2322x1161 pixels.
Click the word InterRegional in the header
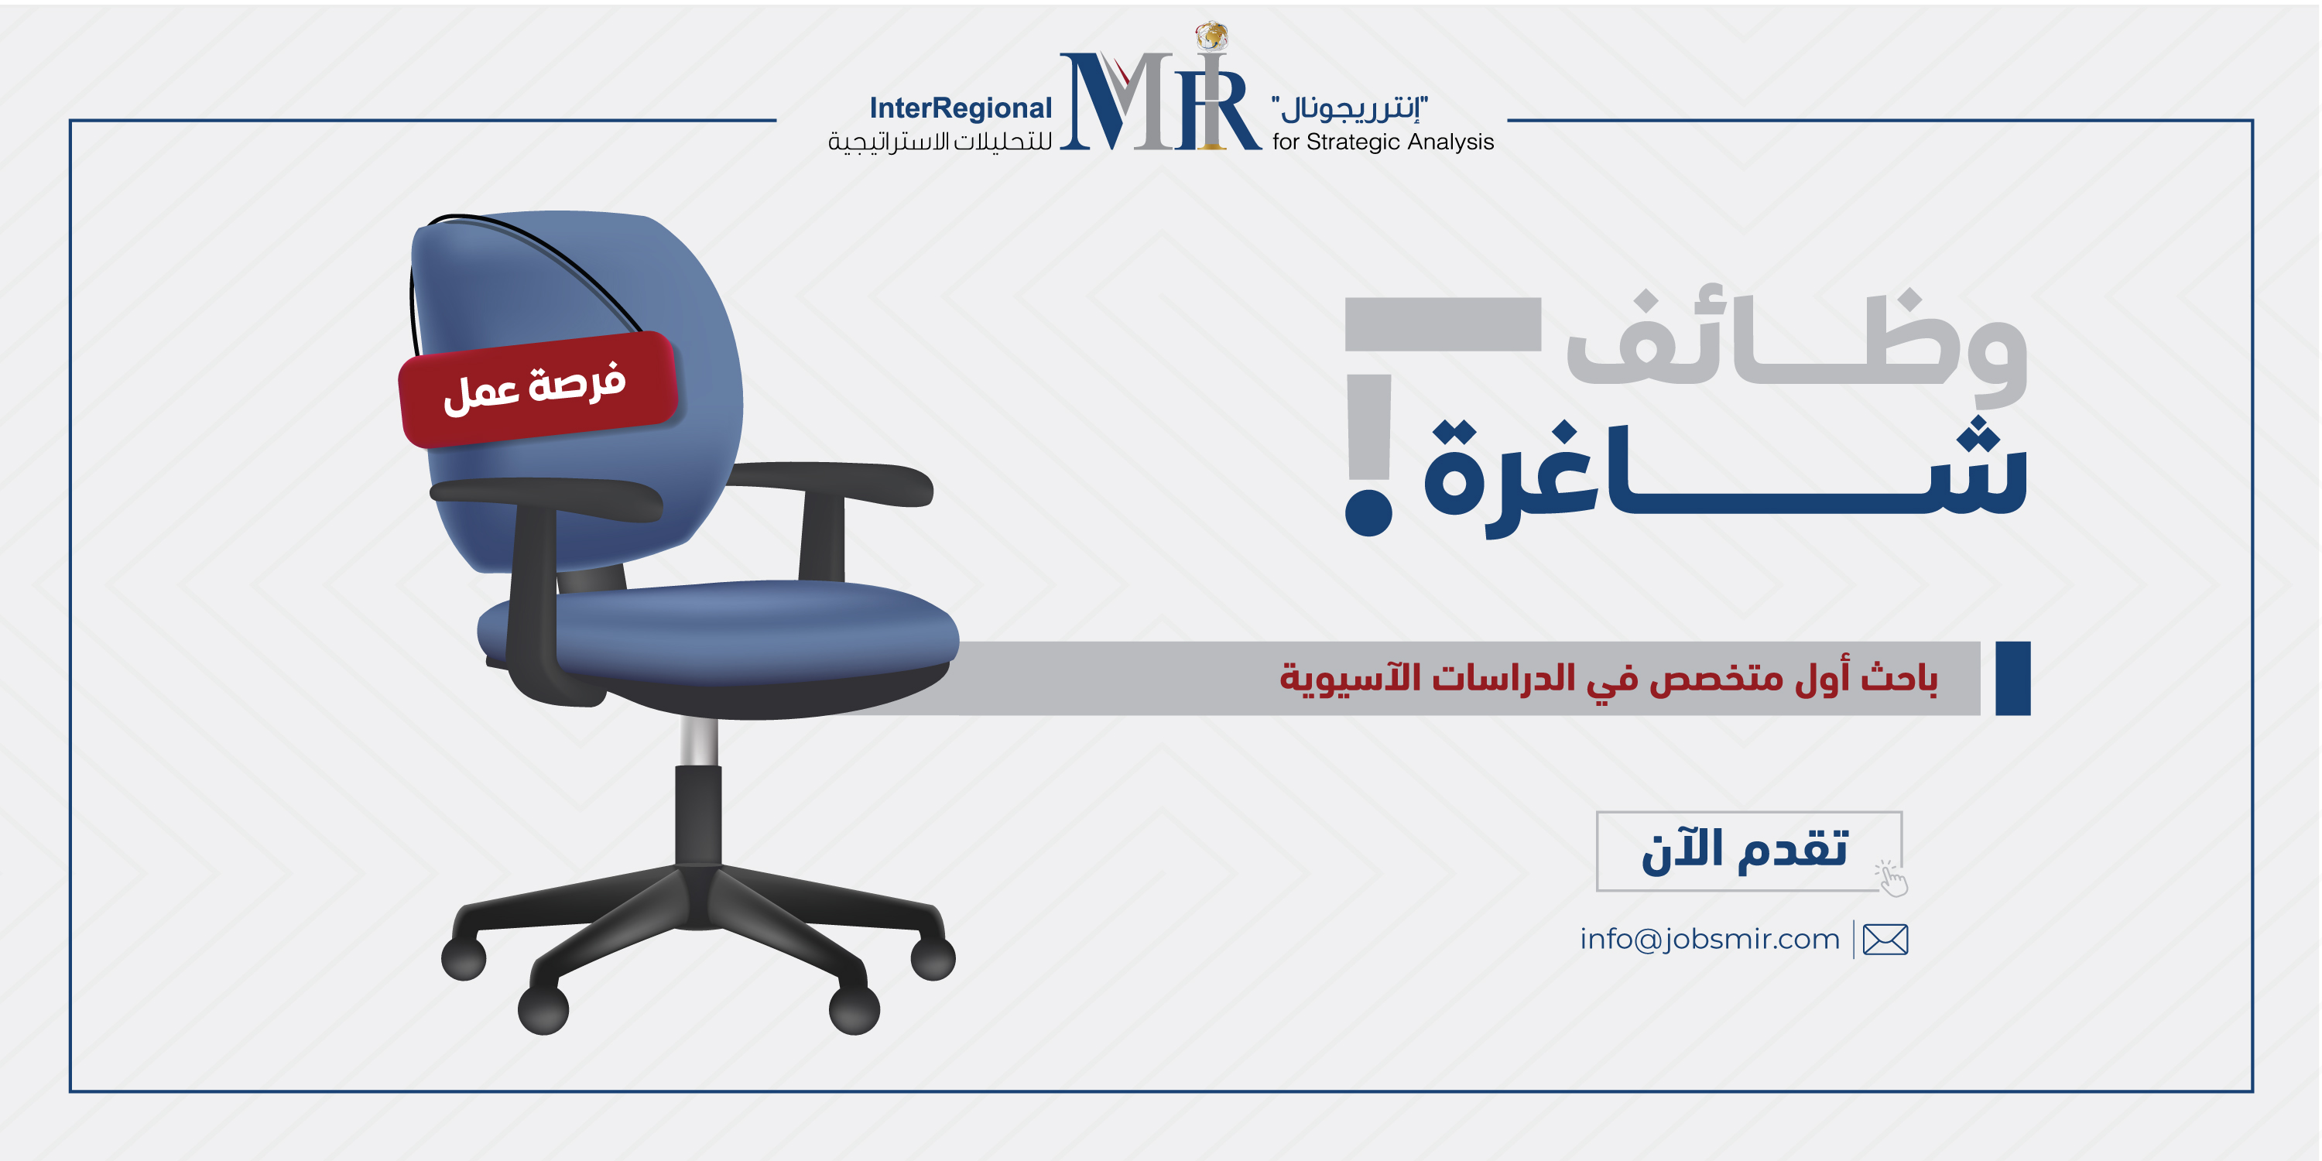pyautogui.click(x=960, y=108)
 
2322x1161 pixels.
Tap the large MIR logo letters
pyautogui.click(x=1160, y=101)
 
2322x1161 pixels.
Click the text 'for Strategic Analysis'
pyautogui.click(x=1382, y=142)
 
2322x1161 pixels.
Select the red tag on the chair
pyautogui.click(x=537, y=389)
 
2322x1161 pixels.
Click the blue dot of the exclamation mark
pyautogui.click(x=1368, y=511)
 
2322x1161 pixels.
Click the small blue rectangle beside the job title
pyautogui.click(x=2013, y=678)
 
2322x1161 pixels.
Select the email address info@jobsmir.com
pyautogui.click(x=1709, y=940)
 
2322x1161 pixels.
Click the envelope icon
pyautogui.click(x=1885, y=940)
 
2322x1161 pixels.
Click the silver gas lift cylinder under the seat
pyautogui.click(x=699, y=741)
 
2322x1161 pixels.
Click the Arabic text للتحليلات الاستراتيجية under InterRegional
pyautogui.click(x=940, y=142)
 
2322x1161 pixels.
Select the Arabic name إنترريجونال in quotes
pyautogui.click(x=1349, y=108)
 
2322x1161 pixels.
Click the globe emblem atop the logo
pyautogui.click(x=1212, y=35)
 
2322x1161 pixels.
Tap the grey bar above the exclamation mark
pyautogui.click(x=1444, y=324)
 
